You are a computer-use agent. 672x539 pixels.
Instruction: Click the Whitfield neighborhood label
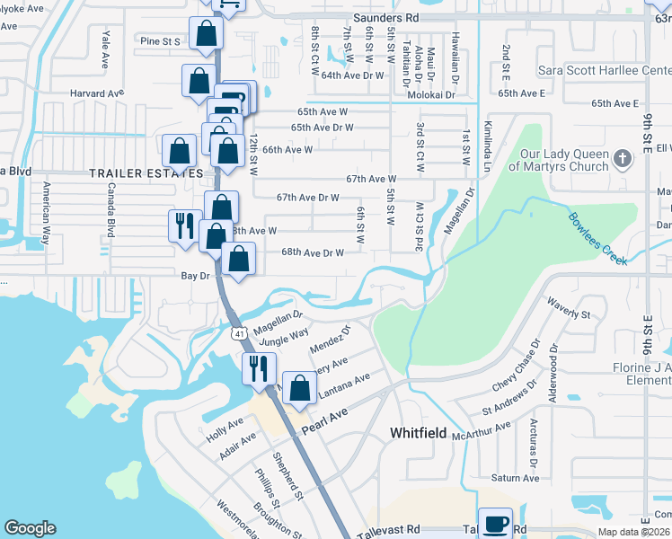click(x=418, y=433)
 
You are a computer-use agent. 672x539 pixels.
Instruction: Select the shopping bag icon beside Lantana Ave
click(x=301, y=389)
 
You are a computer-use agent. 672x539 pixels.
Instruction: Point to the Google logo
click(x=30, y=528)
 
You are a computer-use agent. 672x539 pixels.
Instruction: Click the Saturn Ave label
click(x=515, y=478)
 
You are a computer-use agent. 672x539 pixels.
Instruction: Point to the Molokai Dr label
click(x=433, y=93)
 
